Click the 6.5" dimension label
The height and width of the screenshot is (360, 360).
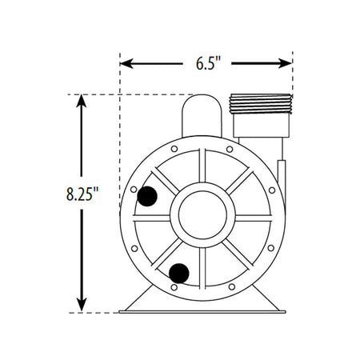point(206,63)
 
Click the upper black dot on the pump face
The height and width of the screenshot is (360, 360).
point(148,196)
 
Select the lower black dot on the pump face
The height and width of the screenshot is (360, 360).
point(179,273)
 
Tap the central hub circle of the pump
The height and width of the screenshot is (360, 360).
point(205,216)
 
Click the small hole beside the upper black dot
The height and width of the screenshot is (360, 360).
point(134,190)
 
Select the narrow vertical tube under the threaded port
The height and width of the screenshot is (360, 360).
point(281,173)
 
